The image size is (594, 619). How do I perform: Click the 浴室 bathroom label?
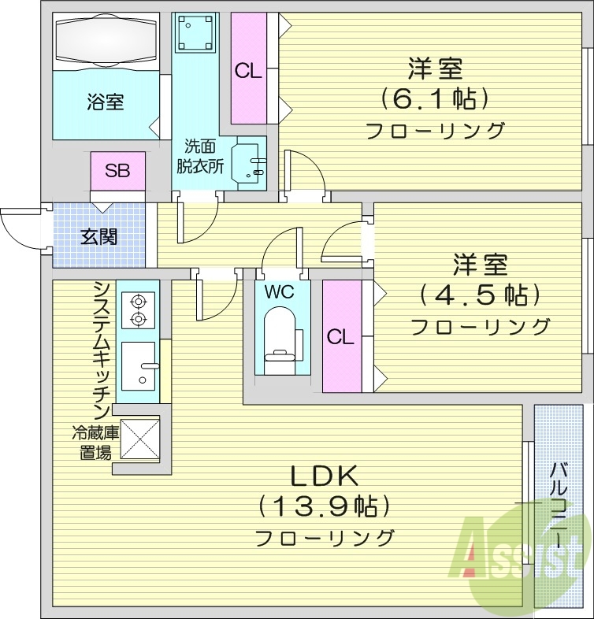click(105, 102)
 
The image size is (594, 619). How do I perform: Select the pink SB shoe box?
click(118, 171)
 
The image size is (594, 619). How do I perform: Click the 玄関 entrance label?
click(99, 235)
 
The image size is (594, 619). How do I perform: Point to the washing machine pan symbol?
click(195, 34)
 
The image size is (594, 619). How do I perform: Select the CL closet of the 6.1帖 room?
click(248, 70)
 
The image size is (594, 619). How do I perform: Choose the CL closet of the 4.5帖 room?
click(340, 336)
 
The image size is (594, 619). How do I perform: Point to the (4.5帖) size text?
click(479, 295)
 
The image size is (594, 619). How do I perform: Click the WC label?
click(278, 291)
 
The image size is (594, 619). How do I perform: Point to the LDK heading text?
click(325, 476)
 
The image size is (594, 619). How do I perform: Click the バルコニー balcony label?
click(559, 504)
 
